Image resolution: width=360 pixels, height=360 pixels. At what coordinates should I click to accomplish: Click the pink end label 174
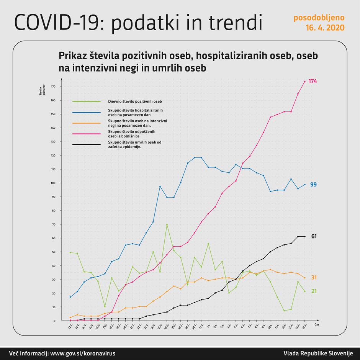tap(313, 81)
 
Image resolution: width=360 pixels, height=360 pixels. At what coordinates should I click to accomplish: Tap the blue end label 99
tap(313, 185)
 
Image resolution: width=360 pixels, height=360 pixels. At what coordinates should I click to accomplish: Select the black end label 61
tap(314, 237)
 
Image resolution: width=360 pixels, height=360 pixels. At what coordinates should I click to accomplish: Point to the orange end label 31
tap(313, 277)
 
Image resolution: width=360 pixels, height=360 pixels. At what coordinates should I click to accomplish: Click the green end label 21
tap(313, 291)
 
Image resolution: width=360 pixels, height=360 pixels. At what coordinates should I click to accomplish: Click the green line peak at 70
tap(167, 224)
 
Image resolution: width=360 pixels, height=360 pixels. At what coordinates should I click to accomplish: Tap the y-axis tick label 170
tap(53, 87)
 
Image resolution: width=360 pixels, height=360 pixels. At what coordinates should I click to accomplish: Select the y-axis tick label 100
tap(53, 183)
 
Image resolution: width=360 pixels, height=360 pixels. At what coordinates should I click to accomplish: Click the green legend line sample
tap(86, 102)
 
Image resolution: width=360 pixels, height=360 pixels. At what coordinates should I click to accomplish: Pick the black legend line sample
tap(86, 145)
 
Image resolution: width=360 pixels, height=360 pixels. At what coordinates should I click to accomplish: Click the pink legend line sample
tap(86, 134)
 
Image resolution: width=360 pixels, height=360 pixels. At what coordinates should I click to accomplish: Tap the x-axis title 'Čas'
tap(317, 324)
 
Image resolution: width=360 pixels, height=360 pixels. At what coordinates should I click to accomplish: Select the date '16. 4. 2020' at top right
tap(325, 28)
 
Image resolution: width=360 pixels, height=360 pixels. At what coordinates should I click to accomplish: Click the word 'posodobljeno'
tap(319, 18)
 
